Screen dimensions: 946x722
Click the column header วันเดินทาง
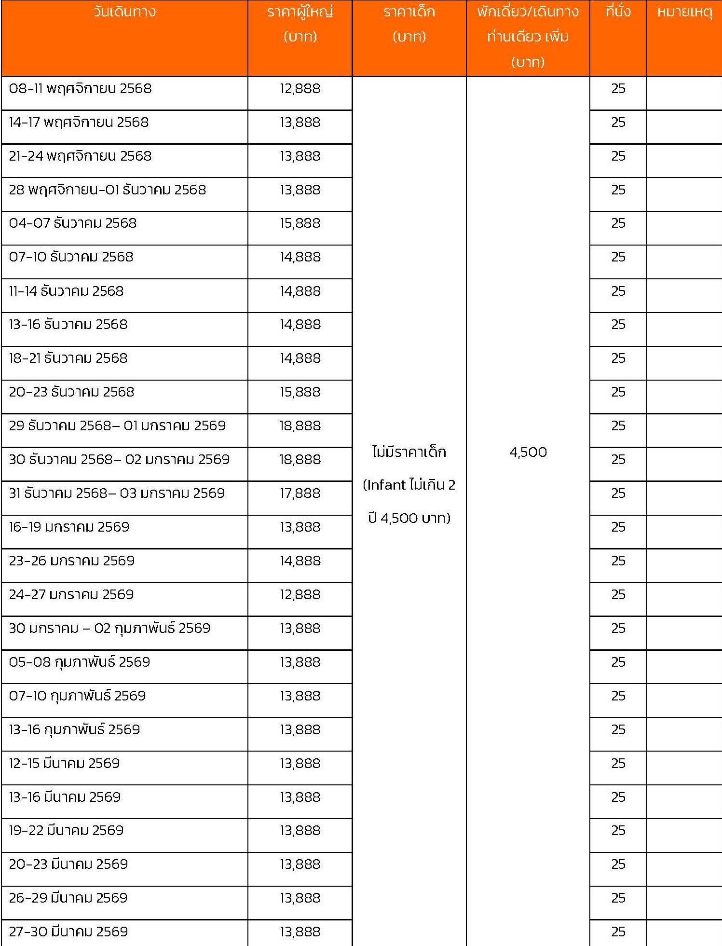(124, 12)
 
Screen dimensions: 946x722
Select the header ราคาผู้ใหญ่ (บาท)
(300, 24)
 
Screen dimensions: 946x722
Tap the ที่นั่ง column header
(618, 12)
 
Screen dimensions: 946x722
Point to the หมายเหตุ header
(684, 12)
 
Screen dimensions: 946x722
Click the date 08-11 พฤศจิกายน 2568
(80, 89)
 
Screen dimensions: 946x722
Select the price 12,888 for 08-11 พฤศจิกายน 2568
(300, 89)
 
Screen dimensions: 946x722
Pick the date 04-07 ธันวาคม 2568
(73, 223)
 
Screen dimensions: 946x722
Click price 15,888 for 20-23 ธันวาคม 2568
(300, 392)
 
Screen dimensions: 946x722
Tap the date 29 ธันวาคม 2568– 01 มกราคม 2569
(117, 425)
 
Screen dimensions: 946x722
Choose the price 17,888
(300, 493)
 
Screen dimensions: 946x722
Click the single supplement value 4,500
(528, 452)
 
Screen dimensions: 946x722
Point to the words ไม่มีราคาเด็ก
(409, 452)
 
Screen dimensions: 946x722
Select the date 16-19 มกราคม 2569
(69, 527)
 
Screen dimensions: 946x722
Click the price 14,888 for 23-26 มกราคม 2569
(300, 561)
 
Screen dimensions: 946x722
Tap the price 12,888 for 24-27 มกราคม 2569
(300, 594)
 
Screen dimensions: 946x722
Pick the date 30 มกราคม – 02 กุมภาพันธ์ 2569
(109, 628)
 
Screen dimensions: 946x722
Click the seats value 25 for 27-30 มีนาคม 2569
(618, 932)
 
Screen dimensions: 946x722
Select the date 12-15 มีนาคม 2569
(64, 763)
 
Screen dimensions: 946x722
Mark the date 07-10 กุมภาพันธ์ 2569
(77, 696)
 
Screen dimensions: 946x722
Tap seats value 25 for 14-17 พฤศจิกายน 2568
(618, 123)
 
